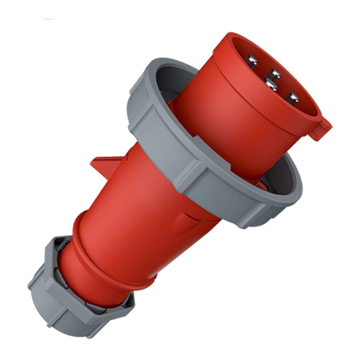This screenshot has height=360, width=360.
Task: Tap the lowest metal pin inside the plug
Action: pyautogui.click(x=291, y=98)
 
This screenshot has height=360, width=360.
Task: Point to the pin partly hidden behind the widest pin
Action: pyautogui.click(x=274, y=73)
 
